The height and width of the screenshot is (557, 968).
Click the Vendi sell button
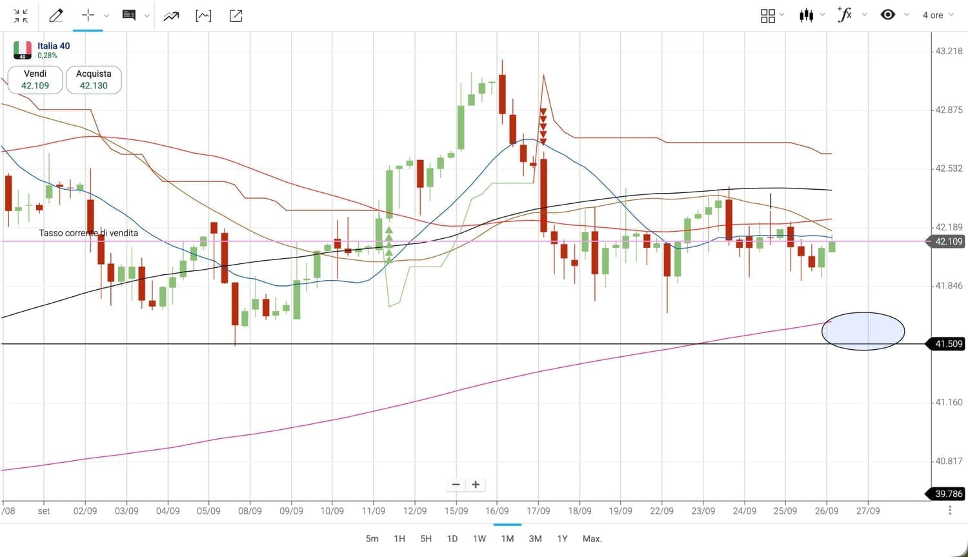click(x=35, y=79)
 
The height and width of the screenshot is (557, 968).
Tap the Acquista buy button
click(x=94, y=79)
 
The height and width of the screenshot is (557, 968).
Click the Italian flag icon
click(x=23, y=50)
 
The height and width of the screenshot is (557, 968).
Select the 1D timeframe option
click(x=452, y=538)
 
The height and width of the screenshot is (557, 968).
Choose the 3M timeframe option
click(x=535, y=538)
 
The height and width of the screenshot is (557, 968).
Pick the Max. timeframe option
click(x=592, y=538)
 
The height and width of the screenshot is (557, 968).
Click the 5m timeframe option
click(x=372, y=538)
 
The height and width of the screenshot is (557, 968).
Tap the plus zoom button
click(x=476, y=485)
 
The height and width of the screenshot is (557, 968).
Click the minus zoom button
click(x=456, y=485)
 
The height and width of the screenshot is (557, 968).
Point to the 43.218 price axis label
click(x=949, y=51)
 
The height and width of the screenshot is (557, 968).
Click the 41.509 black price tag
click(x=949, y=344)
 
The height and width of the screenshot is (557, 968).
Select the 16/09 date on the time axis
click(x=497, y=511)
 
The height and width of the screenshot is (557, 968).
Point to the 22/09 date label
click(x=661, y=511)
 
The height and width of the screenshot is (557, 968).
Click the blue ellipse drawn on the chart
click(x=863, y=331)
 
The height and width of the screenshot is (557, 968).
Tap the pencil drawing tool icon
click(x=56, y=15)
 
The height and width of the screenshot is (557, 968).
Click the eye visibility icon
click(x=888, y=15)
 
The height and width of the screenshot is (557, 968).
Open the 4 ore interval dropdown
click(x=937, y=15)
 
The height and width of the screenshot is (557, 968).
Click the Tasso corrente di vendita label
click(x=88, y=233)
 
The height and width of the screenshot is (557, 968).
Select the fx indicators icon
click(x=845, y=15)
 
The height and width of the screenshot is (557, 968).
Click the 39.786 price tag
click(x=949, y=494)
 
